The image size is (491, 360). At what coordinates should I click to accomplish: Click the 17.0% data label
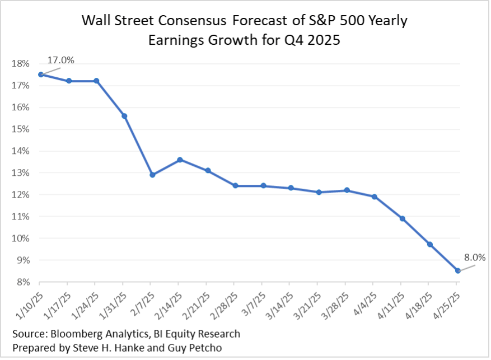pyautogui.click(x=60, y=59)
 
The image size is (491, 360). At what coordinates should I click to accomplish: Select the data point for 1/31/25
pyautogui.click(x=124, y=116)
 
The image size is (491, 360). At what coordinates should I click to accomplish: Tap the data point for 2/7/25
pyautogui.click(x=152, y=175)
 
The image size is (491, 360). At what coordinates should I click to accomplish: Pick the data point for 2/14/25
pyautogui.click(x=179, y=160)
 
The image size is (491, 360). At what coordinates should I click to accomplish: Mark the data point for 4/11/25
pyautogui.click(x=401, y=218)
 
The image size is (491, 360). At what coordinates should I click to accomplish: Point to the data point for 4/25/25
pyautogui.click(x=458, y=270)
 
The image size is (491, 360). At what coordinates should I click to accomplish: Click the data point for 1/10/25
pyautogui.click(x=41, y=74)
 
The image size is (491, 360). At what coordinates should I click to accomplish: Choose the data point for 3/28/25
pyautogui.click(x=347, y=190)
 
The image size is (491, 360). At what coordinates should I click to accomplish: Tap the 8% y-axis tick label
pyautogui.click(x=22, y=282)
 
